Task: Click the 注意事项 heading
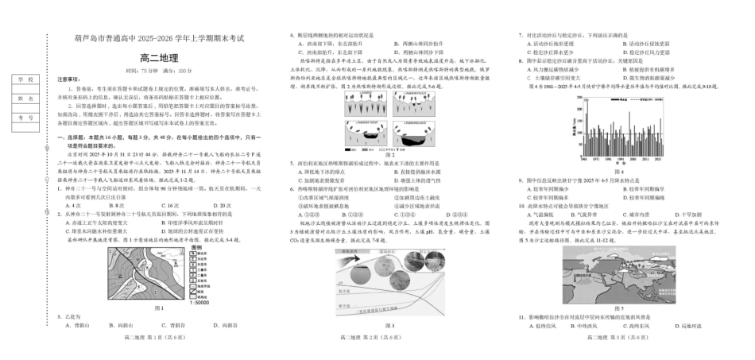pos(70,80)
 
